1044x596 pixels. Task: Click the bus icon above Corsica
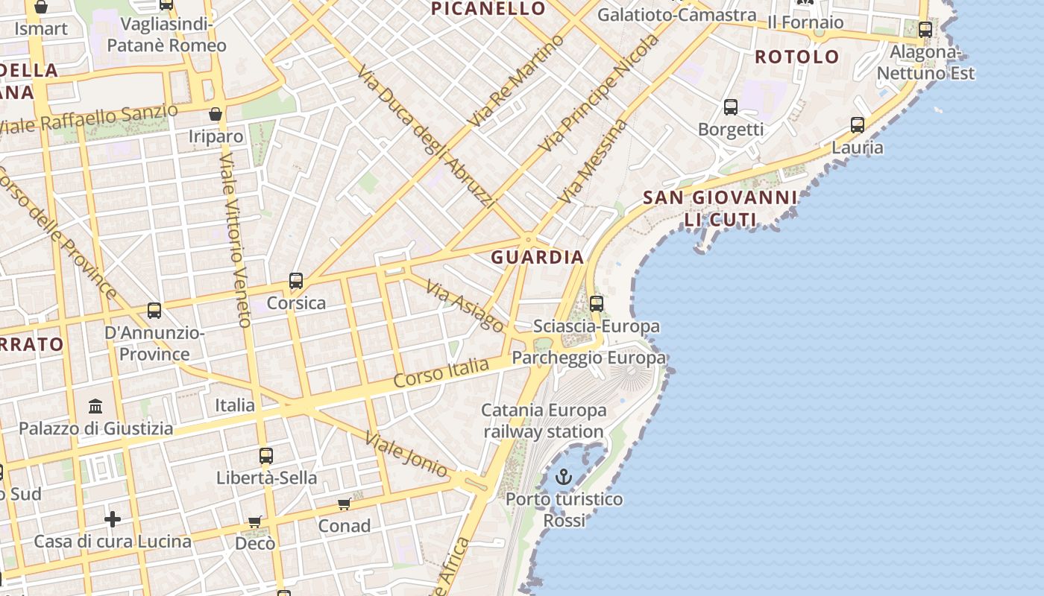(296, 281)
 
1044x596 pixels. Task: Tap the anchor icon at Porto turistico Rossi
(564, 477)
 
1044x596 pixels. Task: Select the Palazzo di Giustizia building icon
(95, 407)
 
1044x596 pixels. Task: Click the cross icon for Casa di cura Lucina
(113, 519)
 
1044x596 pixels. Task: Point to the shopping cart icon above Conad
(345, 504)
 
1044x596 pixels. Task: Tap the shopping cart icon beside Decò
(255, 521)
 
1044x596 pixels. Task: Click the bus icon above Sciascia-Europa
(597, 303)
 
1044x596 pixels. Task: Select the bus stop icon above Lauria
(858, 124)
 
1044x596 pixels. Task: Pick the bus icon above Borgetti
(731, 107)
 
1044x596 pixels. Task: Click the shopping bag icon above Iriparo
(216, 114)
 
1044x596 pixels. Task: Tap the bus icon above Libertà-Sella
(266, 455)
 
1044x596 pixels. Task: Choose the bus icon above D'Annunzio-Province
(154, 311)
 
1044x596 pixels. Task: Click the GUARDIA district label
(537, 258)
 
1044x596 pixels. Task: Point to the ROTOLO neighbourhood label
(797, 57)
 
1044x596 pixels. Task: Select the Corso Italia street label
(441, 372)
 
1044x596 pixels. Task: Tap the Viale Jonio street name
(406, 454)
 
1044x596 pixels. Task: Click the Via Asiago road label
(465, 304)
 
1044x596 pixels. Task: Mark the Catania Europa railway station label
(544, 421)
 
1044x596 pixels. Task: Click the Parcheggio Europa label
(588, 358)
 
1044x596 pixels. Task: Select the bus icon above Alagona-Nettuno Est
(925, 30)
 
